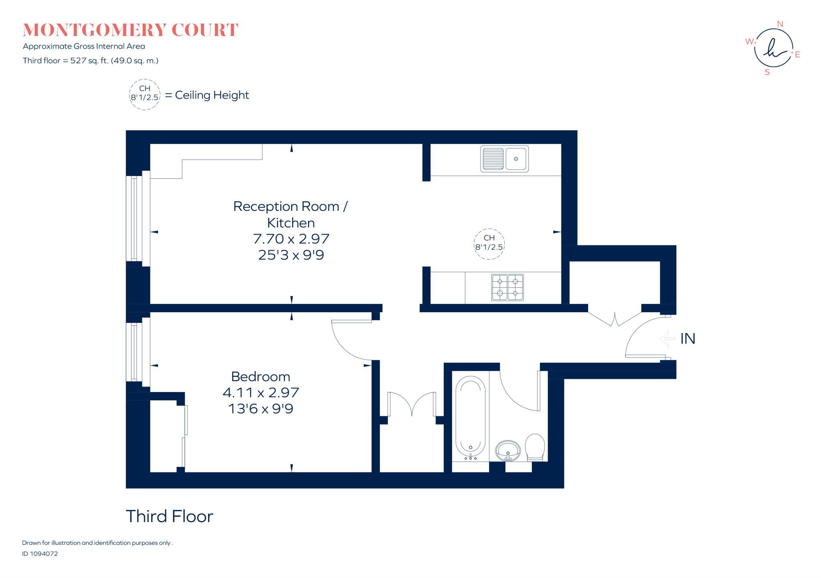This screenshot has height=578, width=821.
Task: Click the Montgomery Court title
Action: [130, 30]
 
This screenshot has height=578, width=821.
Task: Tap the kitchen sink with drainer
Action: [504, 159]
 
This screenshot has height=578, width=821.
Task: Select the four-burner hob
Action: [508, 287]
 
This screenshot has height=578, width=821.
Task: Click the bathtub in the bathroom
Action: [471, 417]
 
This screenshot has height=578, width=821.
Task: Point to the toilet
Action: [535, 447]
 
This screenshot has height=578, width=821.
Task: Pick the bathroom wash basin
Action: [508, 451]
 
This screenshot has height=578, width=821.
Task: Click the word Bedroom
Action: [261, 377]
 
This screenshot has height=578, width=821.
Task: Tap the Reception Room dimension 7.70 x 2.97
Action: [291, 239]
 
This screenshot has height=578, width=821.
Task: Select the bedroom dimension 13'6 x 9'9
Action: [261, 409]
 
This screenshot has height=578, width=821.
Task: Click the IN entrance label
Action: [688, 339]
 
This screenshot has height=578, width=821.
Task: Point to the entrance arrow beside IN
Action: [667, 339]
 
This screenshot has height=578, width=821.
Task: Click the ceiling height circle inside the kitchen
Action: [489, 229]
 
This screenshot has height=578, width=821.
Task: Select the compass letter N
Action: [780, 24]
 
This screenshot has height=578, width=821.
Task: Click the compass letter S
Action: [767, 72]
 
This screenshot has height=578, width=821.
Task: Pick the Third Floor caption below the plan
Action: [170, 516]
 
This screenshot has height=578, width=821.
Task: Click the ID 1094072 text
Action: [40, 554]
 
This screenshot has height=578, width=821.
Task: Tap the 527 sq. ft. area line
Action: [91, 61]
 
